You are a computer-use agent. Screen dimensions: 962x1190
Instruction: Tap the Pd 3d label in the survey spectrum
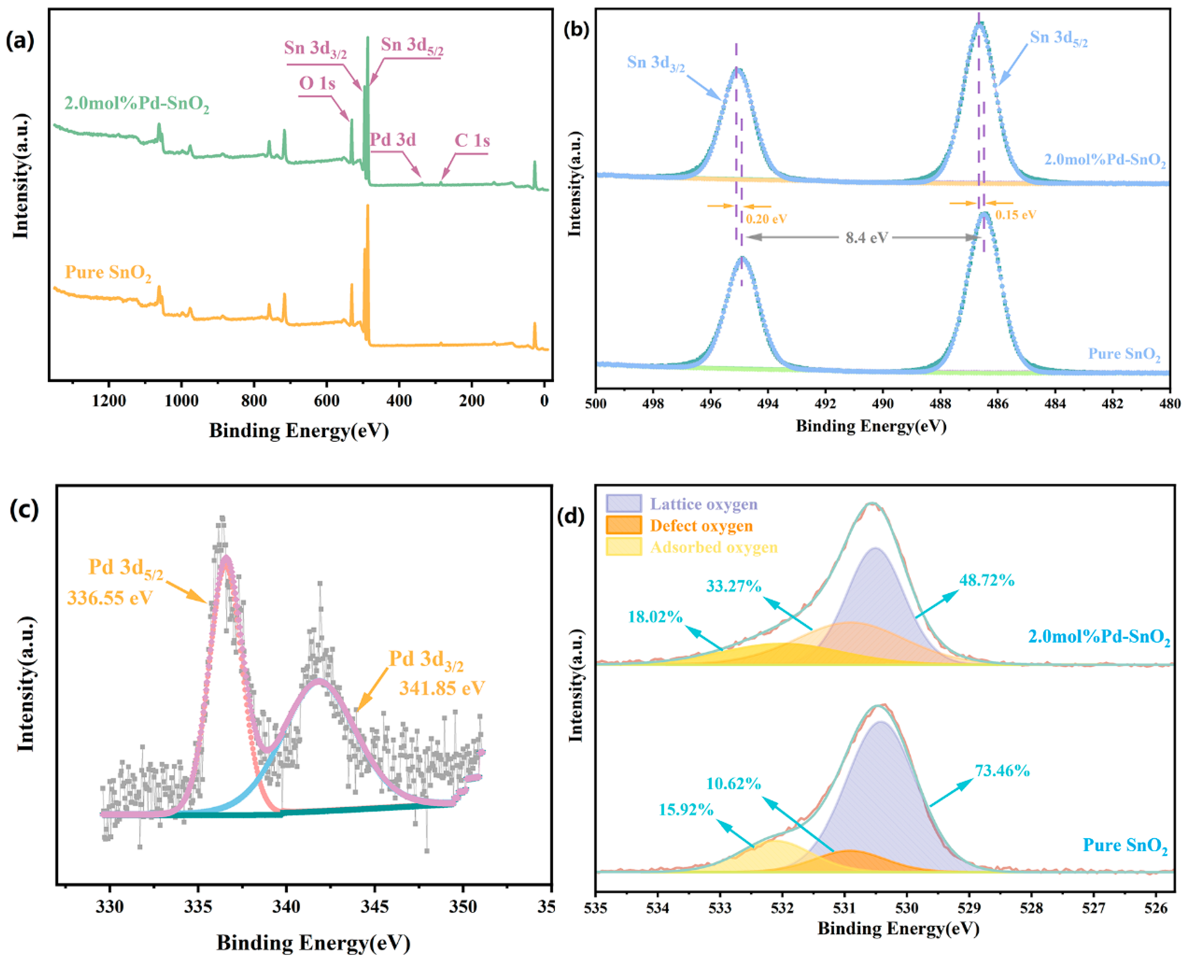point(393,140)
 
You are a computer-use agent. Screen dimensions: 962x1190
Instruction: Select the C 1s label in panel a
point(472,141)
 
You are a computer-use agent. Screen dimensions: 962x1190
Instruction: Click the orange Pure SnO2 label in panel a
point(108,273)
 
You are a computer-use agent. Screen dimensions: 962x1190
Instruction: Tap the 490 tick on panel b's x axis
point(882,404)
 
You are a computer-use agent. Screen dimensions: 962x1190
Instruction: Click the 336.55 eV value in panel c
point(110,598)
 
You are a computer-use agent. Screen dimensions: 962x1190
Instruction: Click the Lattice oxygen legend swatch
point(624,503)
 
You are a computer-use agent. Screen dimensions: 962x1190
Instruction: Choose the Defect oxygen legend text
point(701,525)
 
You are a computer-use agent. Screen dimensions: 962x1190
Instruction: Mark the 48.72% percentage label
point(987,580)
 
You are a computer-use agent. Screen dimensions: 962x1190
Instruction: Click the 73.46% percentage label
point(1002,771)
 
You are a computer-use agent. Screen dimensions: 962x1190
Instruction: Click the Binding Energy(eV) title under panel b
point(871,426)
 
